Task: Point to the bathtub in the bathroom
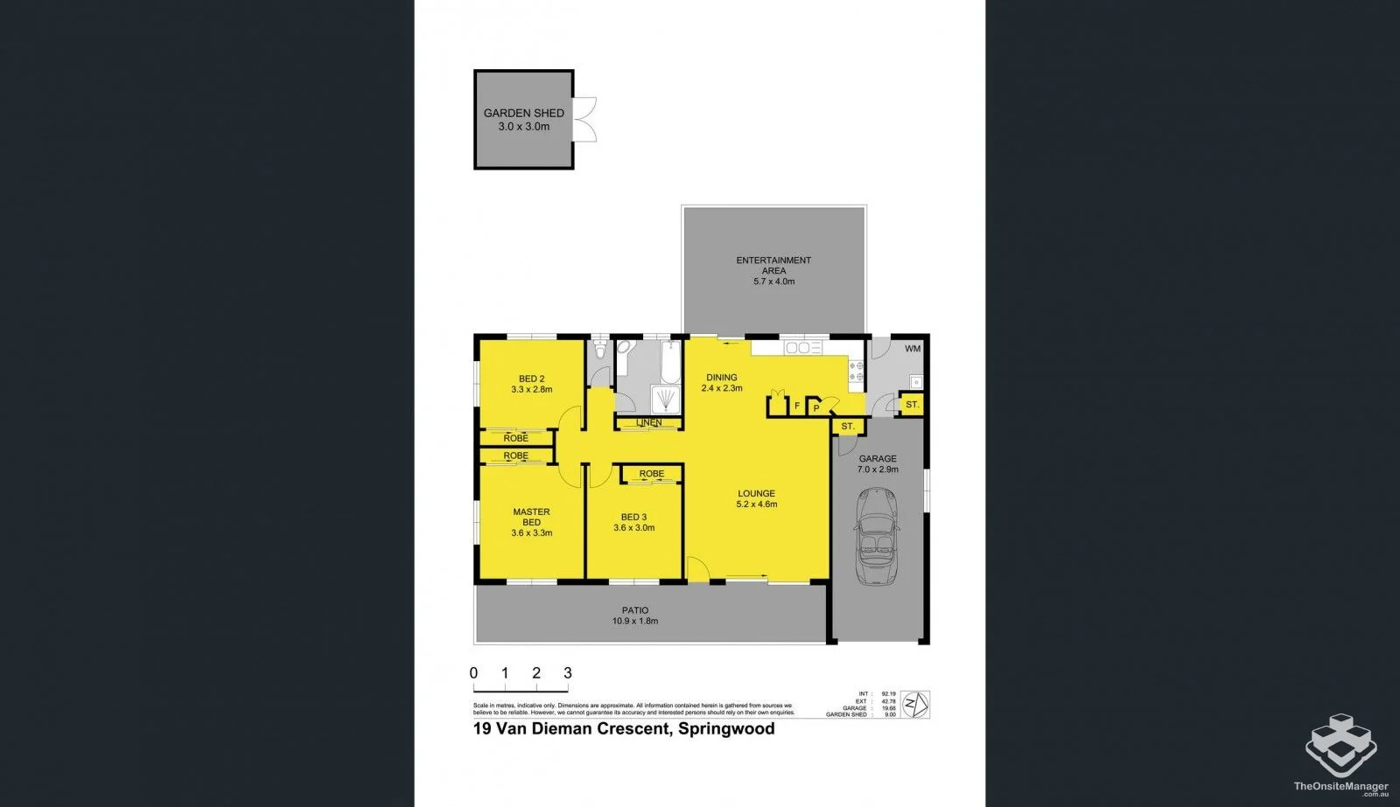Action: pos(670,361)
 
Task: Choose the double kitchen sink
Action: pos(798,348)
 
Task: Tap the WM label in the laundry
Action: pos(913,349)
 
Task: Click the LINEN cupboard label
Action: pos(648,423)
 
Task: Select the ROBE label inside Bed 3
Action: pos(651,474)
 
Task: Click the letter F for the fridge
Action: pos(797,406)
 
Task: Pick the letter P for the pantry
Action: pos(816,407)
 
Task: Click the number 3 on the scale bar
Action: pos(568,673)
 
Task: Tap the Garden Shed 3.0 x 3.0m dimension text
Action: pos(524,127)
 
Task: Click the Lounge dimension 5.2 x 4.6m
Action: pos(757,504)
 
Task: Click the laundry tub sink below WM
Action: pos(915,381)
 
